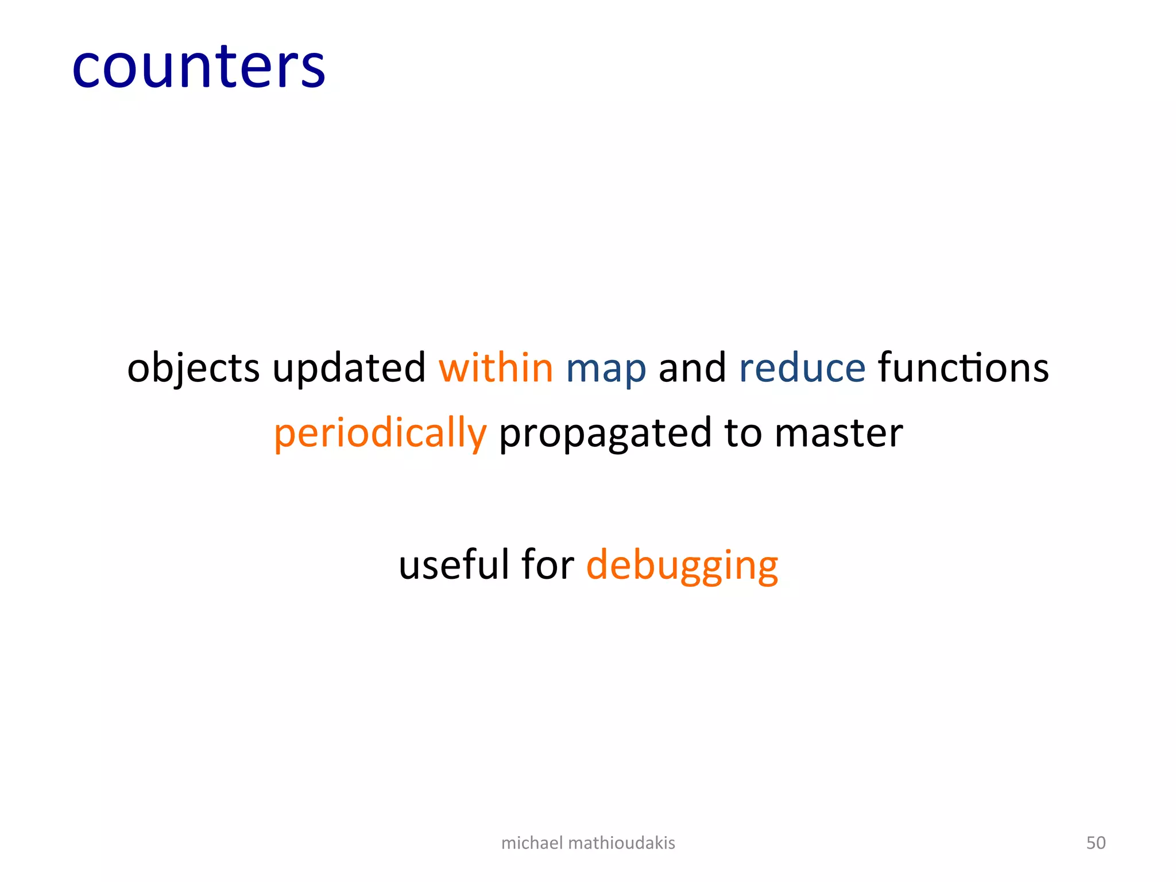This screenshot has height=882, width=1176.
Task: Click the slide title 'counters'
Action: point(199,67)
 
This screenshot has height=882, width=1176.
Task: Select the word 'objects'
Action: point(193,369)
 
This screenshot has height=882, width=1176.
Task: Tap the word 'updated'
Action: point(349,369)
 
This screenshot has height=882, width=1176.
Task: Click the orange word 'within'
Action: point(496,367)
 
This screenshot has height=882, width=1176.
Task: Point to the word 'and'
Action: point(692,367)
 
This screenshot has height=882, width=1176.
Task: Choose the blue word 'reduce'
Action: point(802,367)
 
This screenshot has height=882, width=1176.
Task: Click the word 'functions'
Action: point(963,367)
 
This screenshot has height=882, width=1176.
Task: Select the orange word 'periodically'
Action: point(380,434)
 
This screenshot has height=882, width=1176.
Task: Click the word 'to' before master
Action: point(743,434)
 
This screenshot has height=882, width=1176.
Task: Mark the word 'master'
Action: point(838,434)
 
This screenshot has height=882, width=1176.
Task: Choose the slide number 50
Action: point(1096,843)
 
